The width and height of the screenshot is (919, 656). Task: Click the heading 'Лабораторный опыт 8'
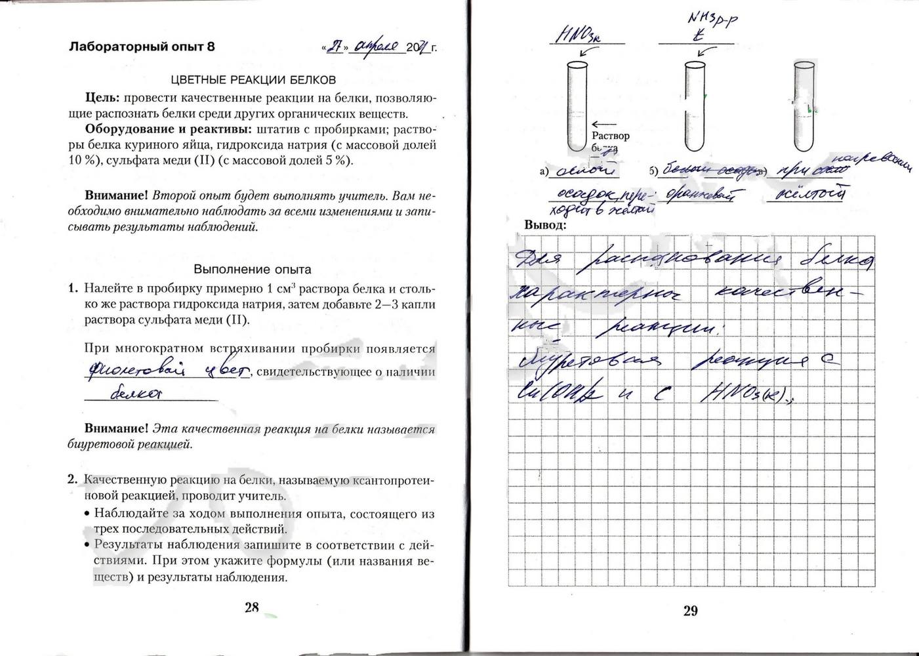pos(142,47)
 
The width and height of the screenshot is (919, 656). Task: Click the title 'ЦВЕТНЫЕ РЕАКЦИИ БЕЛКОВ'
pos(253,79)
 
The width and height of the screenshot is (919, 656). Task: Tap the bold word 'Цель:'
pos(102,97)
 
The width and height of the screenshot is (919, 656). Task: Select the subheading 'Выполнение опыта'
pos(253,269)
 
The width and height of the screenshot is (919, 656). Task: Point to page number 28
pos(252,607)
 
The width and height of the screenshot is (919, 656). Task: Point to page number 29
pos(690,611)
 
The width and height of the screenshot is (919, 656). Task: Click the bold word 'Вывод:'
pos(545,224)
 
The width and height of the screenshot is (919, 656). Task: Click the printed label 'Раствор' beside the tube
pos(610,136)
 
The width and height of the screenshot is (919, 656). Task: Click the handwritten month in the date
pos(376,47)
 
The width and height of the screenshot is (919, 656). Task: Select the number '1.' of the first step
pos(73,289)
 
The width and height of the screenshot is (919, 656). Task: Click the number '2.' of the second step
pos(73,480)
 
